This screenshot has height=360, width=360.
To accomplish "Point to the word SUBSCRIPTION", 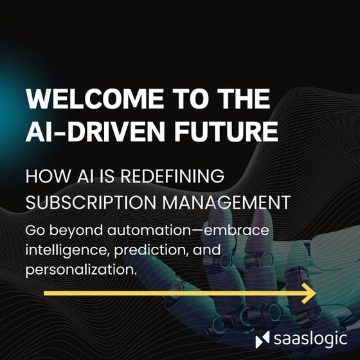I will [87, 202].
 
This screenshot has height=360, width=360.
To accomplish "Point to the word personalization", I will [82, 269].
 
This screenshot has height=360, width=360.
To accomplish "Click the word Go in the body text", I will [35, 230].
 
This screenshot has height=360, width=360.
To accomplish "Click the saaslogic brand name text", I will [308, 339].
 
